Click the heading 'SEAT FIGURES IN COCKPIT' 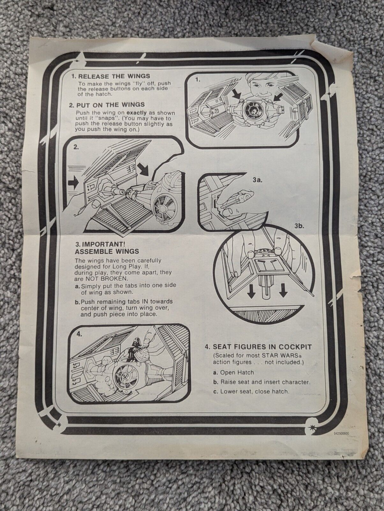pyautogui.click(x=258, y=347)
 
